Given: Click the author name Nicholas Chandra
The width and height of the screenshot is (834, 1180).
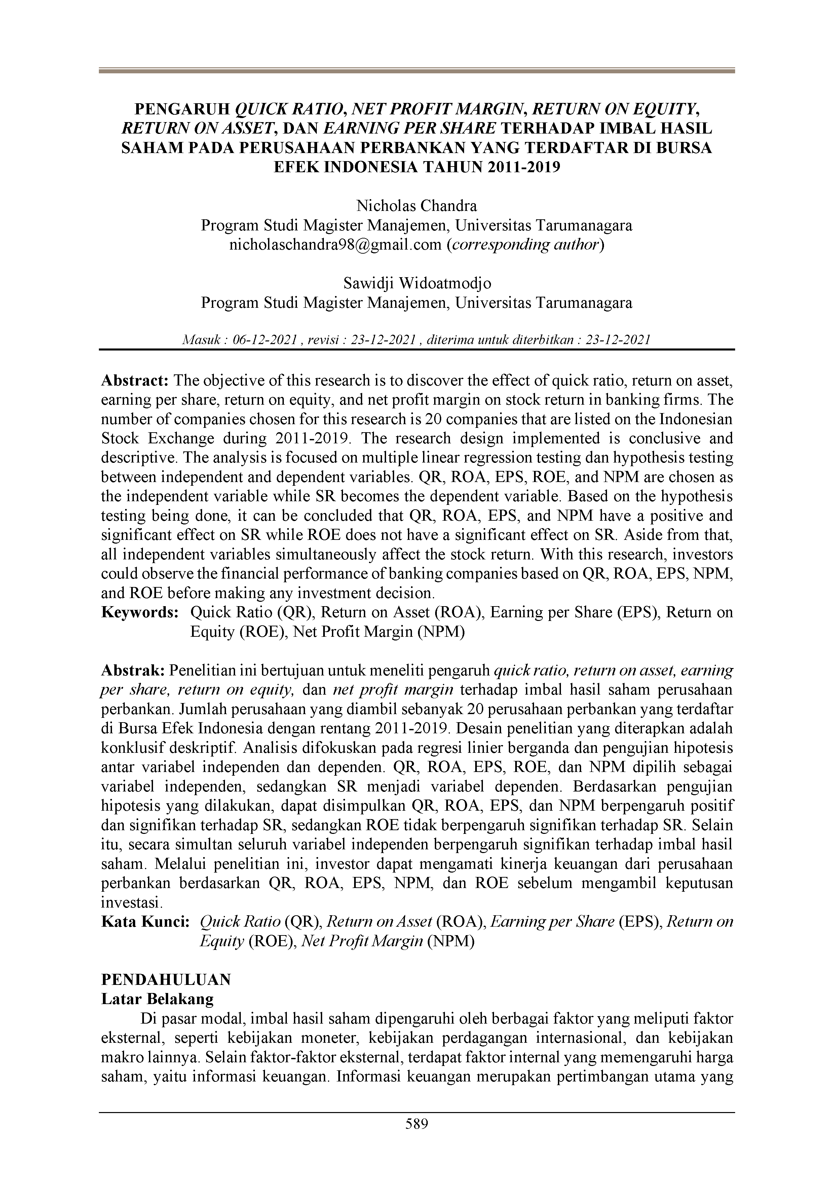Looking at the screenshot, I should coord(417,206).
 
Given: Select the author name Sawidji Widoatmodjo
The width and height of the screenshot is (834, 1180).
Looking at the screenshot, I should coord(417,283).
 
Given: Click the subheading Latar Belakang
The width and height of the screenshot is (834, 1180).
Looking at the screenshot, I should coord(157,999).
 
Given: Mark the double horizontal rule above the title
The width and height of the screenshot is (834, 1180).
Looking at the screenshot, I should coord(417,71).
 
